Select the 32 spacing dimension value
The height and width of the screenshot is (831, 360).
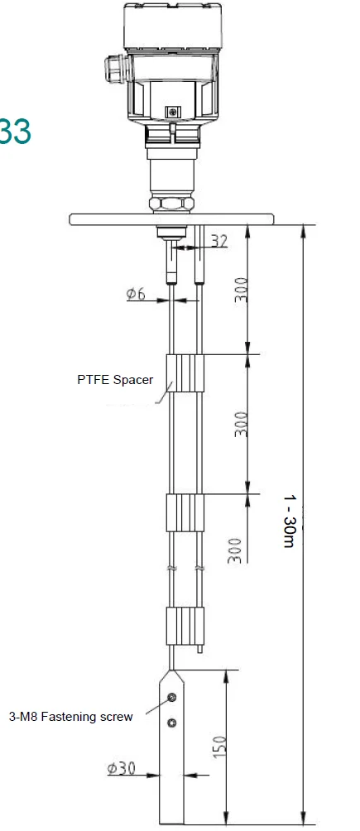[x=219, y=242]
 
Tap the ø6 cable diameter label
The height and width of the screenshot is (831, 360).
[x=137, y=293]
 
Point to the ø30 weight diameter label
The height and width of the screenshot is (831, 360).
[x=121, y=768]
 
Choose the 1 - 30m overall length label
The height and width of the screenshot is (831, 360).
[x=290, y=520]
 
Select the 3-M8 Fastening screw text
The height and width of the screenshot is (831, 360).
[x=70, y=717]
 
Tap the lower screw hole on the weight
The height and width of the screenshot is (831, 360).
[x=171, y=723]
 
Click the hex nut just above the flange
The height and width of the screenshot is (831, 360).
[x=172, y=203]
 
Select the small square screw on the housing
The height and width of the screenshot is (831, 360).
[x=172, y=111]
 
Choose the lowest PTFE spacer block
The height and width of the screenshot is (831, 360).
[x=185, y=626]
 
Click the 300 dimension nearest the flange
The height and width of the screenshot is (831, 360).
[x=240, y=290]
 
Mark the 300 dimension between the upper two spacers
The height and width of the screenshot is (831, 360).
[x=240, y=425]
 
